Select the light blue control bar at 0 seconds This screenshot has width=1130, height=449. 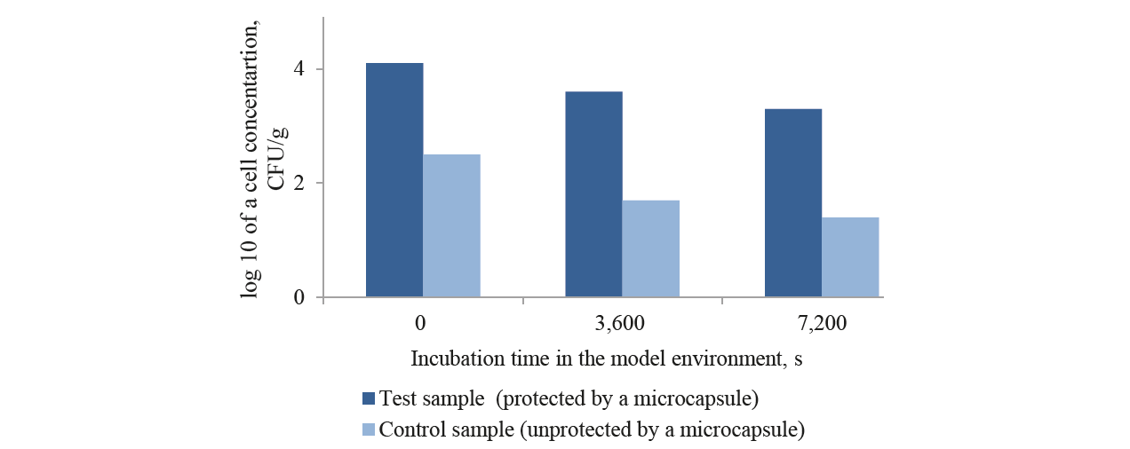451,226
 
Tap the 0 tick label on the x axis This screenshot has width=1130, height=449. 423,324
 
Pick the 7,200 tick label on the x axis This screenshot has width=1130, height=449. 822,324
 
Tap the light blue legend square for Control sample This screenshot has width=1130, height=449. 369,430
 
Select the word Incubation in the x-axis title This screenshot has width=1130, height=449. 452,359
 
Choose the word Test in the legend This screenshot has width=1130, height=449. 395,396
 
